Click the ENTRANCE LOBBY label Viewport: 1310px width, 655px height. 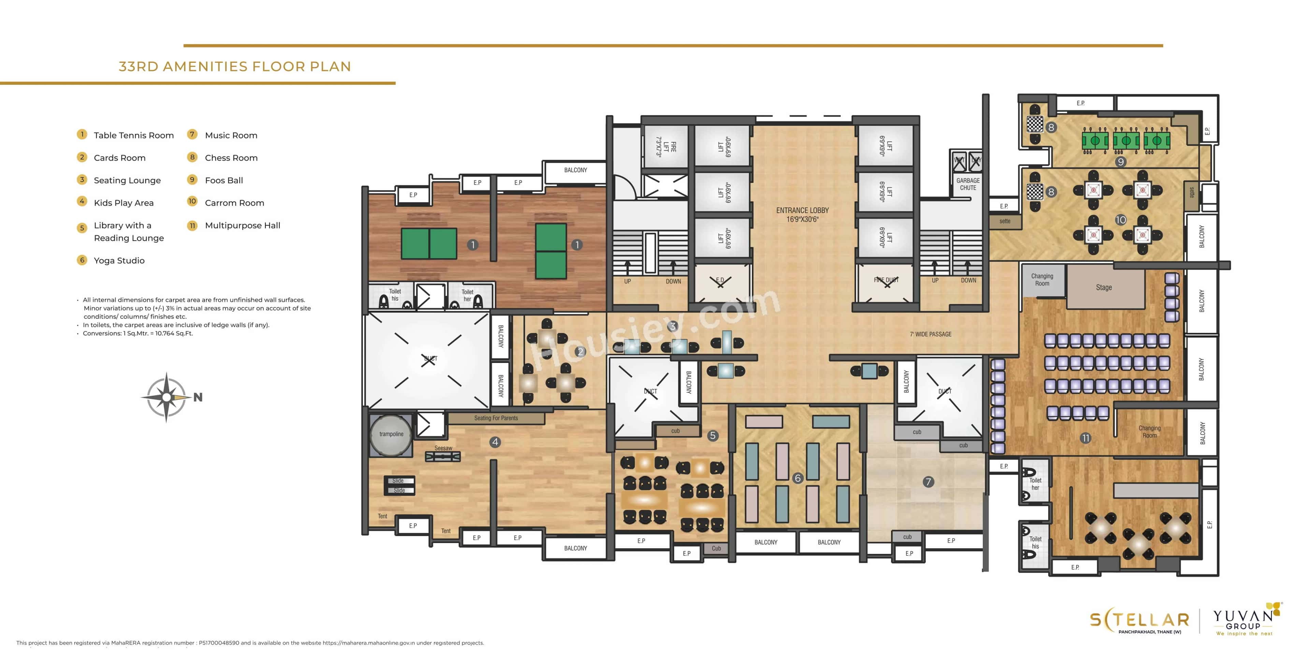pos(802,215)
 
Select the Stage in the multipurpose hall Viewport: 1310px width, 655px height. pos(1104,288)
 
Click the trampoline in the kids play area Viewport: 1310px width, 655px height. pos(391,435)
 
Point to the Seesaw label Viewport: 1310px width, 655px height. pos(443,448)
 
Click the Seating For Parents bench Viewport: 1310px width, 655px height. pos(496,418)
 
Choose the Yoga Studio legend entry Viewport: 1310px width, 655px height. pos(119,260)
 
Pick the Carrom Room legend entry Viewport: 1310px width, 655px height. pos(234,203)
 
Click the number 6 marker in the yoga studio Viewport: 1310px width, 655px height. pos(797,478)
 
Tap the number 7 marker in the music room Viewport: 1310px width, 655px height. pos(928,482)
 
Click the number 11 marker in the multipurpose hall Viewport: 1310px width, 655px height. pos(1085,438)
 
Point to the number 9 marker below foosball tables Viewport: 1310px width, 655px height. pos(1120,162)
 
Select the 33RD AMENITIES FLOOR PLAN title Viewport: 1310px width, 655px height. pos(234,67)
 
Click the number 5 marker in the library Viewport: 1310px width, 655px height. pos(712,435)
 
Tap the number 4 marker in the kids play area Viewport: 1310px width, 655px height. pos(495,442)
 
